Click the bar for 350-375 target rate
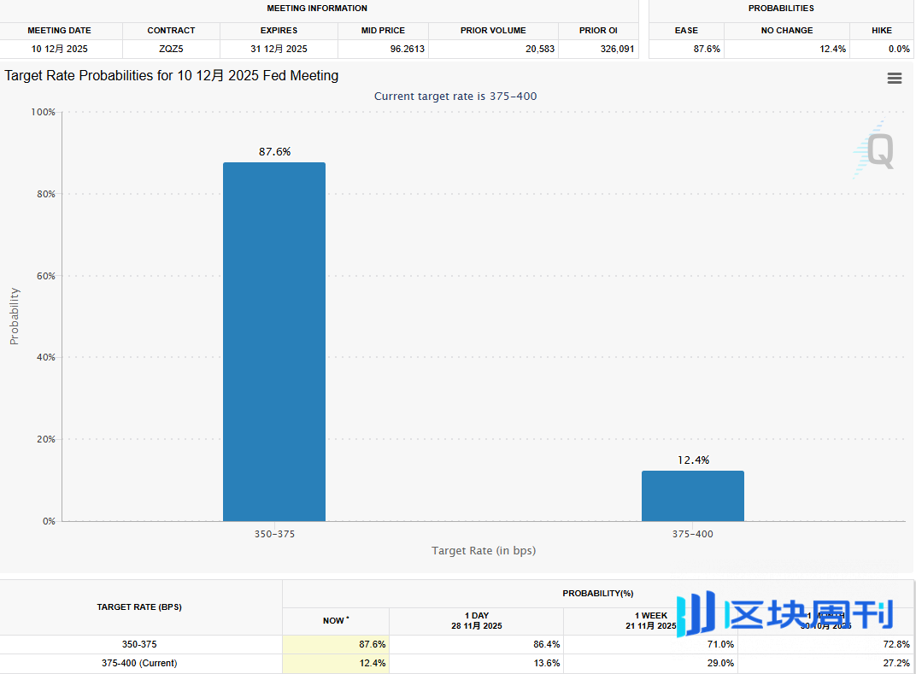[x=273, y=342]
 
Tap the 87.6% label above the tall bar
[x=274, y=151]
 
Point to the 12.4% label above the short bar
[x=693, y=460]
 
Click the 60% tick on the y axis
[x=44, y=276]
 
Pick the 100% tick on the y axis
[x=42, y=112]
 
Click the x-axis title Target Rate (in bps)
[x=484, y=550]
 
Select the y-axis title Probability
[x=14, y=316]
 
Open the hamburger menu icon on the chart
[x=895, y=79]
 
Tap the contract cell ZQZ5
[x=171, y=49]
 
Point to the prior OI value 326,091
[x=616, y=49]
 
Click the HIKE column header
[x=882, y=30]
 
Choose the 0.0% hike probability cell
[x=899, y=49]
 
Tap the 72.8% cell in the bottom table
[x=896, y=644]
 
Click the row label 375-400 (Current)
[x=139, y=663]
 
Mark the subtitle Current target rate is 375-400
[x=455, y=97]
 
